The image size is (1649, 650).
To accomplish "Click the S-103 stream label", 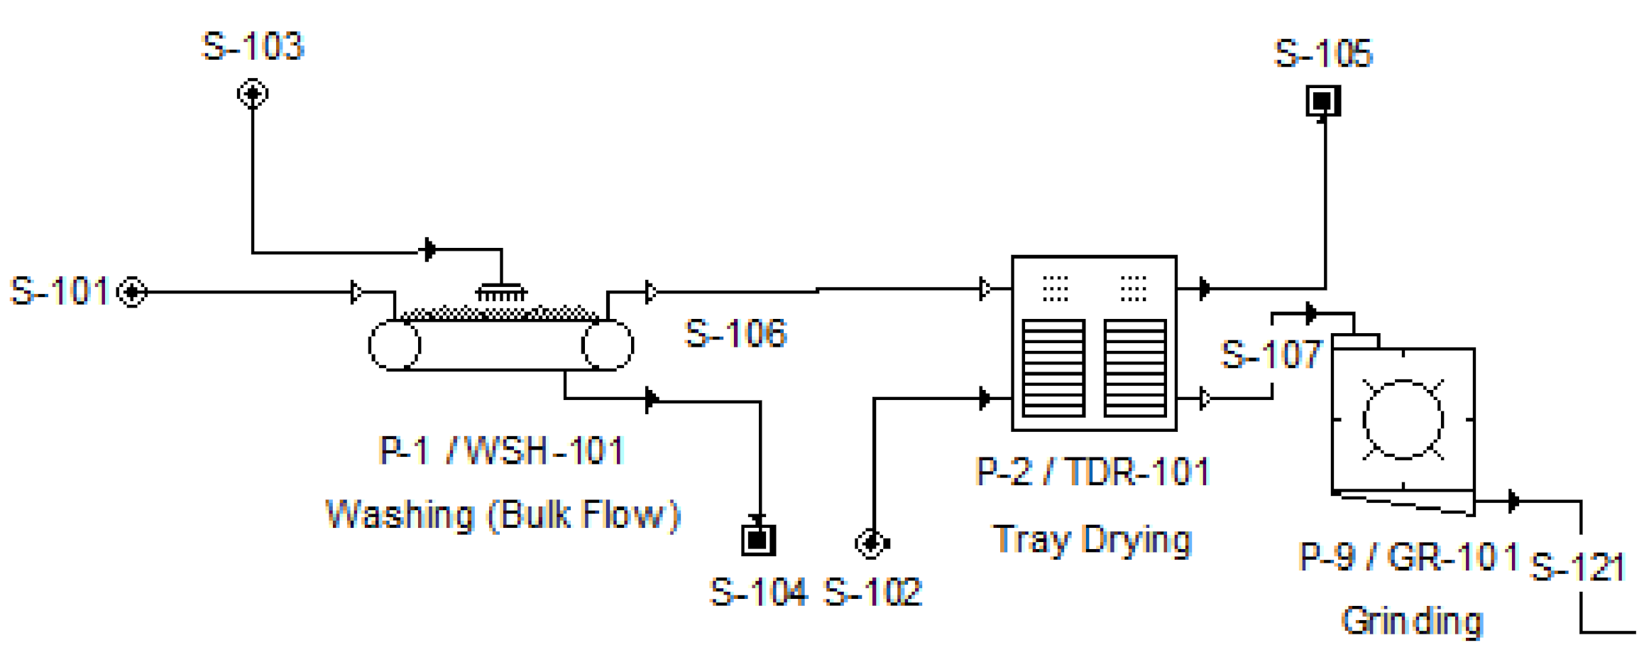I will coord(253,47).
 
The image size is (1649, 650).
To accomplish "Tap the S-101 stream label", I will coord(60,291).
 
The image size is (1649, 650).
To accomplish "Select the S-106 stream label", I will coord(735,333).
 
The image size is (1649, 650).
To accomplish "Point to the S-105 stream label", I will coord(1324,54).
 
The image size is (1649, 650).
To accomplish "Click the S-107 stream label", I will coord(1271,354).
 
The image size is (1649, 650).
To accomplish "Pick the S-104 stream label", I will coord(758,592).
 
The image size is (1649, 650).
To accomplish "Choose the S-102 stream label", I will coord(872,592).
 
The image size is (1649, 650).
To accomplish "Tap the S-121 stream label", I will coord(1577,567).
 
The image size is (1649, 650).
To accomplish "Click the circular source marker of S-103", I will coord(253,94).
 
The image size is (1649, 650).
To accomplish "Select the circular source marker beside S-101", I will coord(132,292).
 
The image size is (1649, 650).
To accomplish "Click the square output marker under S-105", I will coord(1323,101).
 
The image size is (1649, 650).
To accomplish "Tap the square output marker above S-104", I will coord(758,540).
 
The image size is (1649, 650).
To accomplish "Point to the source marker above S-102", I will coord(872,543).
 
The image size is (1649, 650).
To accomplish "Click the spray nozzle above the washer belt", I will coord(501,291).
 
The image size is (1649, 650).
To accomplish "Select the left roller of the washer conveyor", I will coord(395,345).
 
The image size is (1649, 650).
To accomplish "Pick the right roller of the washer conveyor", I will coord(607,345).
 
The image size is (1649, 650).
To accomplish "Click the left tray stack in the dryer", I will coord(1053,367).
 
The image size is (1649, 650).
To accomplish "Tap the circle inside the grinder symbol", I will coord(1403,420).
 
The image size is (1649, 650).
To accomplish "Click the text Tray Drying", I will coord(1092,540).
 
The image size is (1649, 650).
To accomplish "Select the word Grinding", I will coord(1412,621).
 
